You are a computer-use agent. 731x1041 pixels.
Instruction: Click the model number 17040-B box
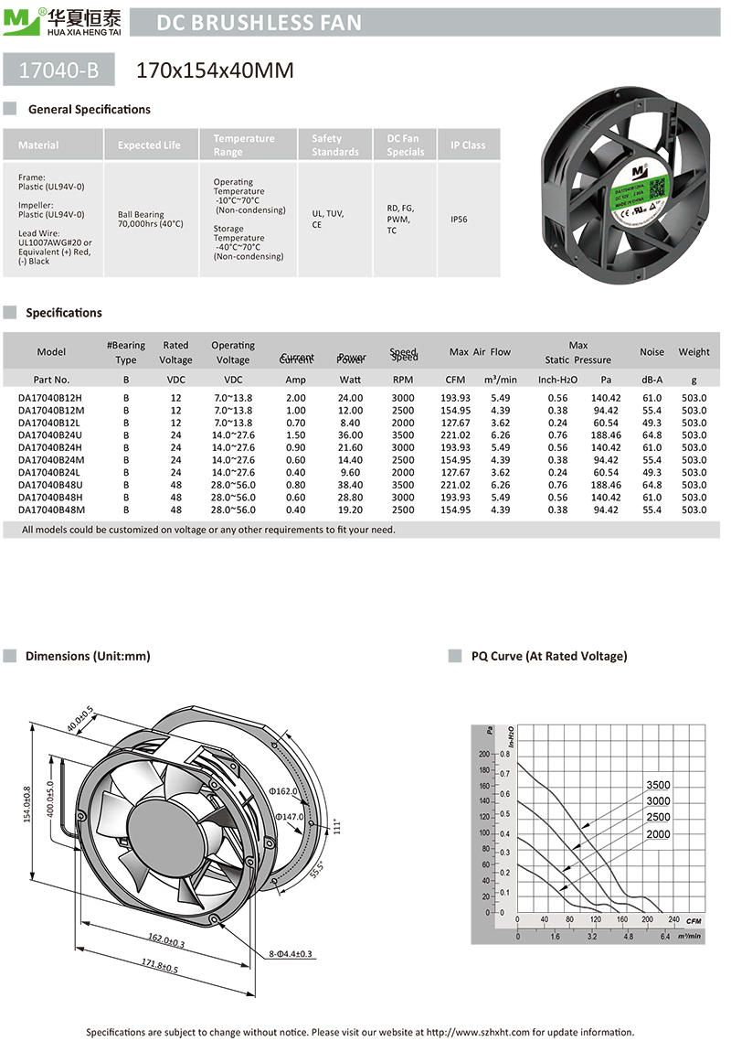click(x=60, y=69)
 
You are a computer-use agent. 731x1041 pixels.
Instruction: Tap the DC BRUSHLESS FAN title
click(x=259, y=23)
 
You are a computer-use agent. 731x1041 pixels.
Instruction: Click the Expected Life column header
click(x=149, y=145)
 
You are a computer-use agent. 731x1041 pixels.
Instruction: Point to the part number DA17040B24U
click(x=50, y=435)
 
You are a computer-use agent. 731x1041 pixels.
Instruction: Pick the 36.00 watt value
click(x=351, y=435)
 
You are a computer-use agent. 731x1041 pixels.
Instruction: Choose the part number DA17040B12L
click(x=50, y=423)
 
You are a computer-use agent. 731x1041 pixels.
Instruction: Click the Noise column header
click(x=652, y=351)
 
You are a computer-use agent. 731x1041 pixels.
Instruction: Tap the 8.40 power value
click(x=351, y=423)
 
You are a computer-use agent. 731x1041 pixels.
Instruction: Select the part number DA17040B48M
click(x=51, y=510)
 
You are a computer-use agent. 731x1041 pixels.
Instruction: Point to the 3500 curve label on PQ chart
click(x=658, y=785)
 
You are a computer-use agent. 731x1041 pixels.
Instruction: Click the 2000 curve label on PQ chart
click(x=658, y=833)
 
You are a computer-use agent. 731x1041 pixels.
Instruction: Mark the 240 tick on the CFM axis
click(x=673, y=919)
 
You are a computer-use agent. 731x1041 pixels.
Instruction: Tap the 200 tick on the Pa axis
click(x=484, y=754)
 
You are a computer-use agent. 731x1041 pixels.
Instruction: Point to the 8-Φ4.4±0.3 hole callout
click(x=291, y=953)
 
